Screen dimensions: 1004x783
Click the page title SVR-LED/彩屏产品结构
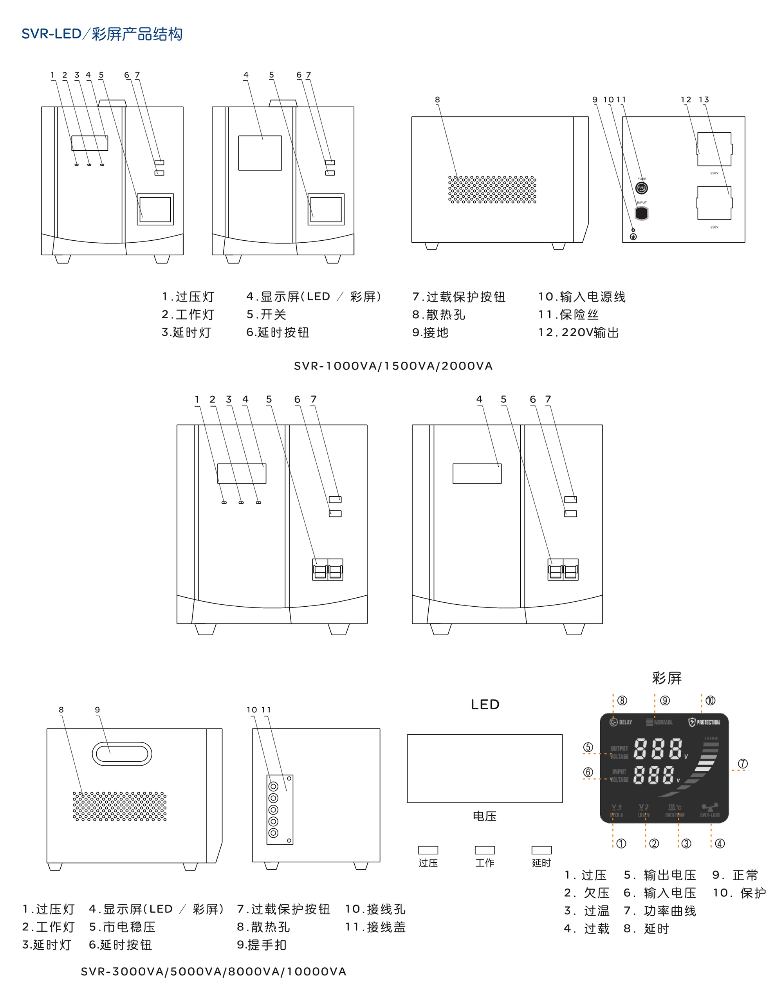point(102,34)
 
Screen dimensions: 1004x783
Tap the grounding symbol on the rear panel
point(633,237)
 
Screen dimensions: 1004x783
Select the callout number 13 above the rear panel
point(704,100)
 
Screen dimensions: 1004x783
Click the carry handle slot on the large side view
point(122,754)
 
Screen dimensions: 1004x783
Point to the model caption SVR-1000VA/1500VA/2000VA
point(393,366)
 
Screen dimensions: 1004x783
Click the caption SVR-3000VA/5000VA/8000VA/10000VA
point(213,972)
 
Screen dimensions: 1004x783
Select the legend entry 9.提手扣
point(262,945)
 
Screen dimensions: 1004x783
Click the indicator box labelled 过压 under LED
point(428,850)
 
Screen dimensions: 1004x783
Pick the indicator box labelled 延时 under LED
point(541,850)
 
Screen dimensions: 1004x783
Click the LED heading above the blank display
point(485,705)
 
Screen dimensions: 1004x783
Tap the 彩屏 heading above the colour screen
point(666,678)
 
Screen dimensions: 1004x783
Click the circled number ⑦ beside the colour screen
point(743,764)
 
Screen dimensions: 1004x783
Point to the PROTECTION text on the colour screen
point(708,722)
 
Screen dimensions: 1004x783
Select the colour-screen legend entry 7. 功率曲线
point(660,911)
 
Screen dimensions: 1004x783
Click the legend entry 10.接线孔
point(375,909)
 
